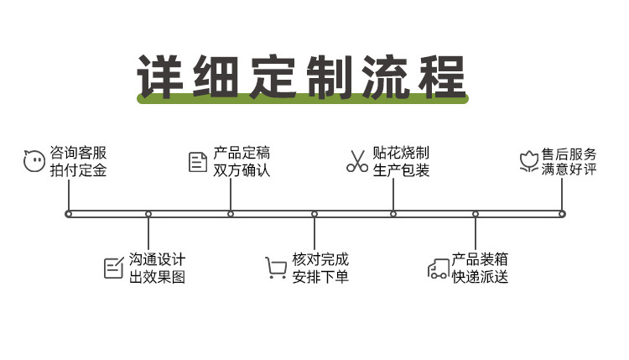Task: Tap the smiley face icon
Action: pyautogui.click(x=34, y=161)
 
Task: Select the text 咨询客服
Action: pyautogui.click(x=79, y=153)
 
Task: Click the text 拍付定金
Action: pyautogui.click(x=79, y=170)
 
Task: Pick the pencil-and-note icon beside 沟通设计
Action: pyautogui.click(x=113, y=268)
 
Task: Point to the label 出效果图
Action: pyautogui.click(x=157, y=277)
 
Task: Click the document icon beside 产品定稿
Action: pyautogui.click(x=198, y=161)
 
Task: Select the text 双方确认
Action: pyautogui.click(x=242, y=170)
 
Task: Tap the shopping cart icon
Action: pyautogui.click(x=276, y=268)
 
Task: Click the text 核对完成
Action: pyautogui.click(x=320, y=259)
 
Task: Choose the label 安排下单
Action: pyautogui.click(x=320, y=277)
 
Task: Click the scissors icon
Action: pyautogui.click(x=357, y=161)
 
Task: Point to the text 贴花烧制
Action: pyautogui.click(x=401, y=153)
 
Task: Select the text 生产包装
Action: pyautogui.click(x=401, y=170)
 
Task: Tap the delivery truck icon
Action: pyautogui.click(x=438, y=269)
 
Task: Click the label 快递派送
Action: pyautogui.click(x=480, y=277)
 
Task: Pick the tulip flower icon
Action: pyautogui.click(x=528, y=161)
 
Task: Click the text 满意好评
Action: pyautogui.click(x=569, y=170)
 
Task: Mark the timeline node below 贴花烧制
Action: pyautogui.click(x=393, y=214)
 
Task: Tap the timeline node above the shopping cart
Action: pyautogui.click(x=314, y=214)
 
